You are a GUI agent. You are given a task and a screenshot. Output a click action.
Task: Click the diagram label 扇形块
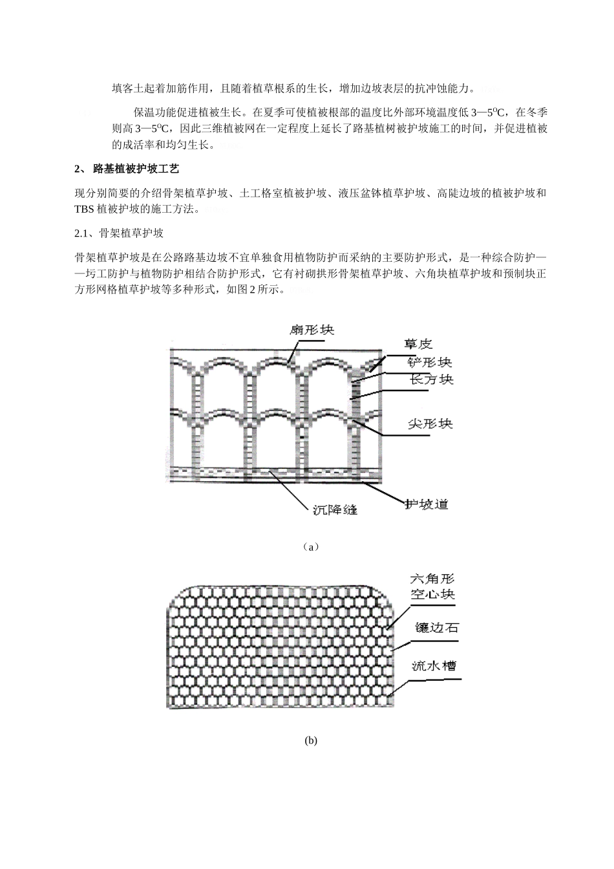pyautogui.click(x=312, y=330)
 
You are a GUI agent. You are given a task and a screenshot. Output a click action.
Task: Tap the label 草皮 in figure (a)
pyautogui.click(x=418, y=344)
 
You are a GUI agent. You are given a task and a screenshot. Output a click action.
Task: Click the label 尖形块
pyautogui.click(x=430, y=424)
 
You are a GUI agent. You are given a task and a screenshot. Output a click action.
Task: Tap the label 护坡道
pyautogui.click(x=426, y=504)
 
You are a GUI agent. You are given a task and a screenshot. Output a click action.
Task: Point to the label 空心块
pyautogui.click(x=432, y=594)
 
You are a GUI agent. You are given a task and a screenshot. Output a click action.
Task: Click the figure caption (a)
pyautogui.click(x=311, y=547)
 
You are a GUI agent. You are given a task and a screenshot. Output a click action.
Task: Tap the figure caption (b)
pyautogui.click(x=311, y=741)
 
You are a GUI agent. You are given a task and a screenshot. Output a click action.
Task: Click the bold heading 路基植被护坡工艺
pyautogui.click(x=136, y=169)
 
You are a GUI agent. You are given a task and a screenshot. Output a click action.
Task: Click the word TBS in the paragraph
pyautogui.click(x=85, y=209)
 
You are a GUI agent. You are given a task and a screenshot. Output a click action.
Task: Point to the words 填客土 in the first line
pyautogui.click(x=125, y=87)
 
